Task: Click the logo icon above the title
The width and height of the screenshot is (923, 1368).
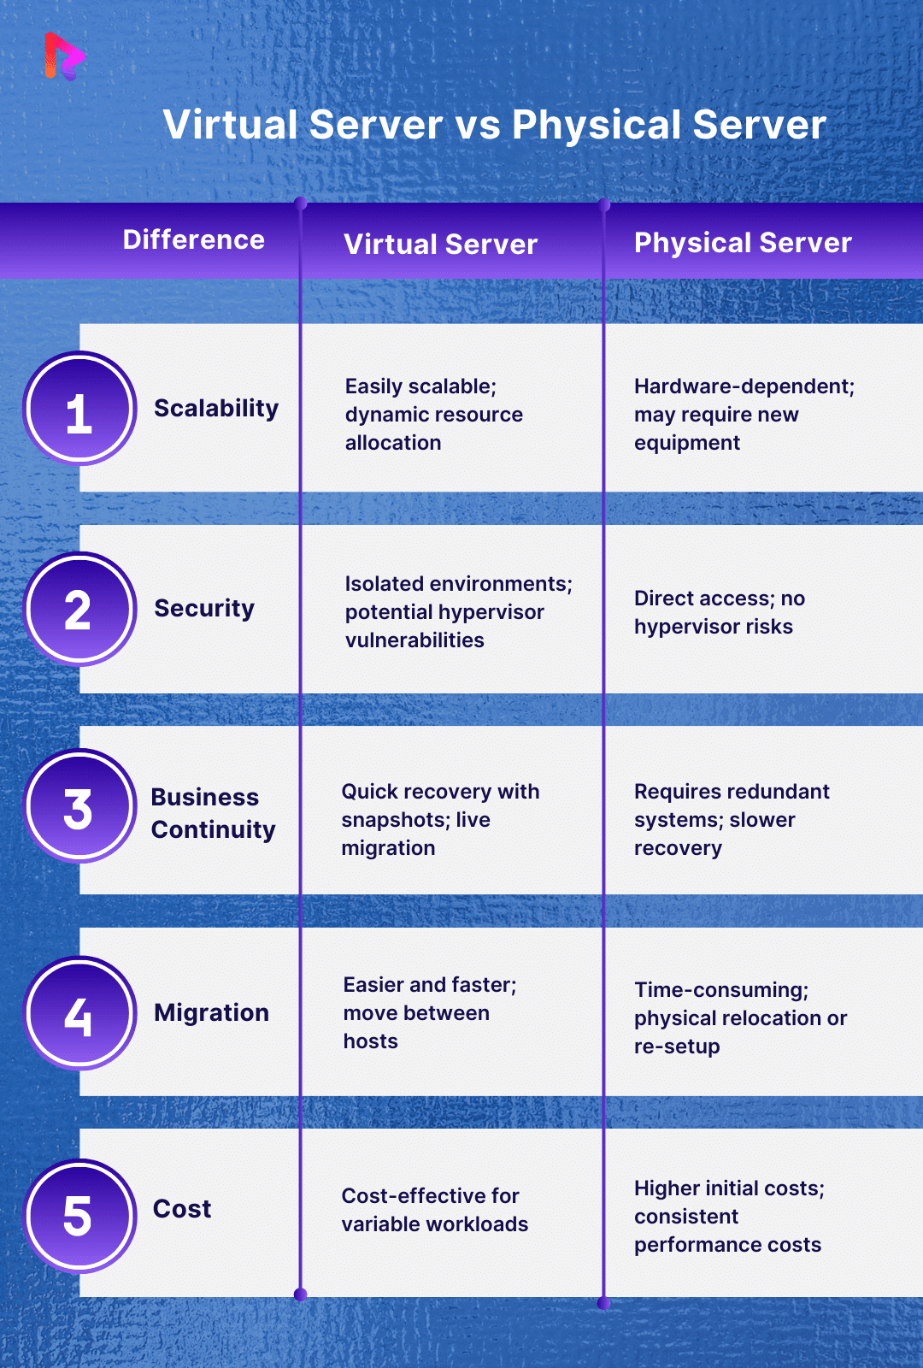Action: [64, 56]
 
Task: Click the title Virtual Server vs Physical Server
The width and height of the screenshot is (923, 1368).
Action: [494, 125]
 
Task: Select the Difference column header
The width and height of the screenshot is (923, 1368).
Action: [193, 240]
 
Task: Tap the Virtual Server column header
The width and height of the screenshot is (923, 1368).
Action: [440, 245]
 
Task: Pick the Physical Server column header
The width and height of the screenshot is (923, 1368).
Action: [743, 243]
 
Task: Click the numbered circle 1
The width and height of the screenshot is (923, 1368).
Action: [79, 410]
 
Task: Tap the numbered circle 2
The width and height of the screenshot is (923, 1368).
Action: [79, 610]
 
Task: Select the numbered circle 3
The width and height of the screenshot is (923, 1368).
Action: [79, 807]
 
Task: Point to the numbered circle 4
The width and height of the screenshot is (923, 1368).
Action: [79, 1014]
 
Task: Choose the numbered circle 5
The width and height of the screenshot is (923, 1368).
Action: [79, 1216]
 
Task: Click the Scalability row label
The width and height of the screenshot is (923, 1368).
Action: [216, 409]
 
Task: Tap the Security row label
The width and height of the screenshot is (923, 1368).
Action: [204, 609]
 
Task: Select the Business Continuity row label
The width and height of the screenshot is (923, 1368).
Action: [213, 813]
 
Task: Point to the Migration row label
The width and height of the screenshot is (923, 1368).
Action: [211, 1013]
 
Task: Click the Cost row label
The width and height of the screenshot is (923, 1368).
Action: [182, 1209]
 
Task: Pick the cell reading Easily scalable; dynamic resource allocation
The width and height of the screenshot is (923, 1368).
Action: [433, 415]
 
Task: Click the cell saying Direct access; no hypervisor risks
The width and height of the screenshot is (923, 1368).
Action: [719, 612]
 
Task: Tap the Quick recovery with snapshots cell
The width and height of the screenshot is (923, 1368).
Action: [440, 820]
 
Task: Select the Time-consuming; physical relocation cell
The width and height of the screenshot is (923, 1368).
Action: [740, 1017]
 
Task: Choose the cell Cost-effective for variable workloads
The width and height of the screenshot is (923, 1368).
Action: [434, 1210]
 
